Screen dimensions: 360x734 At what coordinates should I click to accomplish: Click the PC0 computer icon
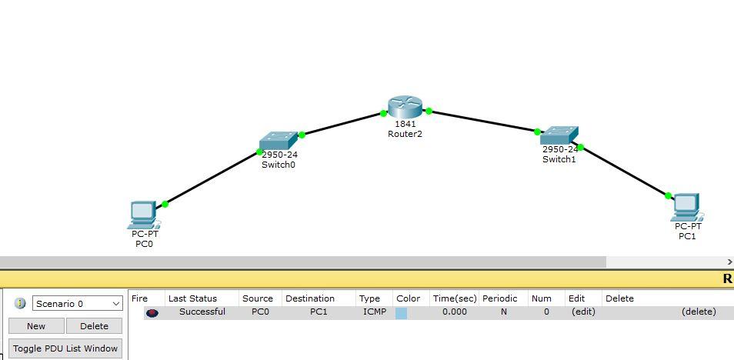[x=143, y=215]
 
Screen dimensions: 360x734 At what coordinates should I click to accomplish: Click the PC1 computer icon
[x=686, y=207]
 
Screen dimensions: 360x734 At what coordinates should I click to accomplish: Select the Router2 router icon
[x=405, y=108]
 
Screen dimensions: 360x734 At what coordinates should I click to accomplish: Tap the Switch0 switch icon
[x=278, y=141]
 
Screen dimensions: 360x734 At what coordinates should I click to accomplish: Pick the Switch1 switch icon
[x=558, y=136]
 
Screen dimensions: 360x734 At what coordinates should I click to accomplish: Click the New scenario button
[x=36, y=326]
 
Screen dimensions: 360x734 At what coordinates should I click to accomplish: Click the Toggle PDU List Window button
[x=65, y=348]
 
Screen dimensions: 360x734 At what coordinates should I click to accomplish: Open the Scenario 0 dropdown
[x=77, y=304]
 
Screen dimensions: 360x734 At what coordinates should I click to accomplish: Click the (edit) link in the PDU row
[x=582, y=312]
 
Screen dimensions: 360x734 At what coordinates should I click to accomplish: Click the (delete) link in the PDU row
[x=699, y=312]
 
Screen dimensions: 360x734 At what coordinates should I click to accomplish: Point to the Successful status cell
[x=202, y=312]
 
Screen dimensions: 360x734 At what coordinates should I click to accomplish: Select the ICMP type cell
[x=375, y=312]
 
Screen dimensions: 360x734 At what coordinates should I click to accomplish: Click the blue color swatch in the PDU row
[x=401, y=312]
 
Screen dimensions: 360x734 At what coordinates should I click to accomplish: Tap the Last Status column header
[x=192, y=298]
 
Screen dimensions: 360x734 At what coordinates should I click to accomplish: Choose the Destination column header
[x=309, y=298]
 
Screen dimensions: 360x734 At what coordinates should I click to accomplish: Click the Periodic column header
[x=499, y=298]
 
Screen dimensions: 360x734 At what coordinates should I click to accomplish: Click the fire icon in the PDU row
[x=152, y=312]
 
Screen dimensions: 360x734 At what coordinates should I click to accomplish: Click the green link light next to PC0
[x=165, y=204]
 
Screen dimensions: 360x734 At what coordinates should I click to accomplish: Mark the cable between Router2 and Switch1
[x=483, y=122]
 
